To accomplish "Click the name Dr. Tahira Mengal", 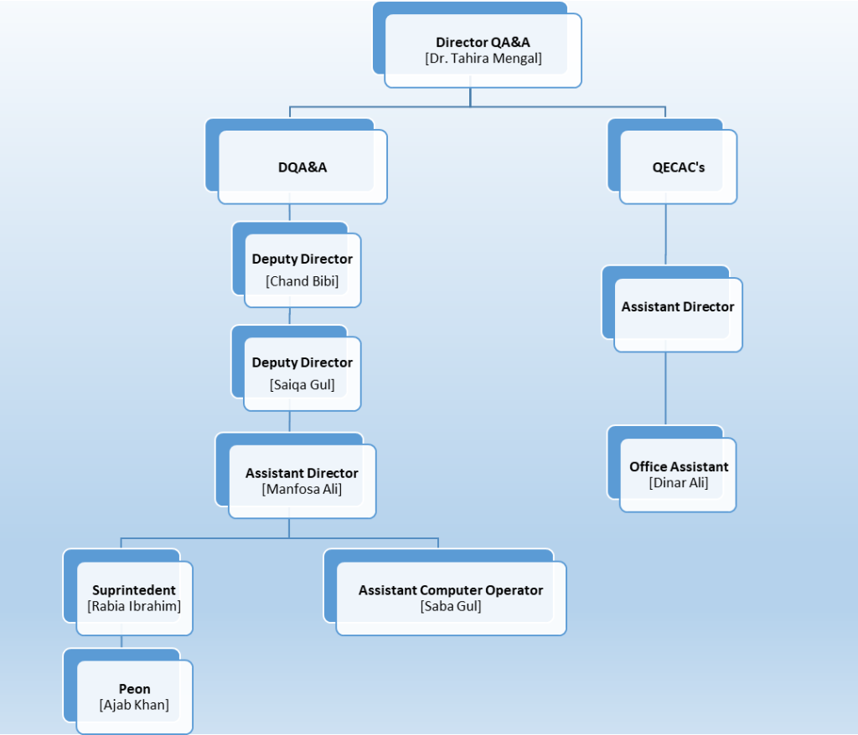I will pos(483,59).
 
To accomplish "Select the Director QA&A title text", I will pos(483,42).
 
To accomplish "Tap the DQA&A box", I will pos(302,167).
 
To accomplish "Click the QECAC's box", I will pos(678,167).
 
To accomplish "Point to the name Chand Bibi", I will pos(302,280).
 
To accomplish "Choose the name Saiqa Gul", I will pos(302,384).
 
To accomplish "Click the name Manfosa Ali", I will pos(302,489).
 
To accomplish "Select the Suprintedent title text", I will pos(134,590).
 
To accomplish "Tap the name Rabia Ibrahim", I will pos(134,606).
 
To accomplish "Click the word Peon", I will pos(134,689).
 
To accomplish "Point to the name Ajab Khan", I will pos(134,705).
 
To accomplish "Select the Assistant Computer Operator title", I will pos(451,590).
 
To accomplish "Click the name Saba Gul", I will pos(451,606).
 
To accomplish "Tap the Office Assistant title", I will pos(679,466).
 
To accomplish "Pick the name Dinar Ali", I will pos(679,483).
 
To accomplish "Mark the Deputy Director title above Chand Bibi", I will pos(302,260).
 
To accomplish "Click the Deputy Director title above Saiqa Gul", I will pos(302,362).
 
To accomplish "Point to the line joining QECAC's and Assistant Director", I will pos(666,234).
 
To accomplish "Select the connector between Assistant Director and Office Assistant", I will pos(666,389).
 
